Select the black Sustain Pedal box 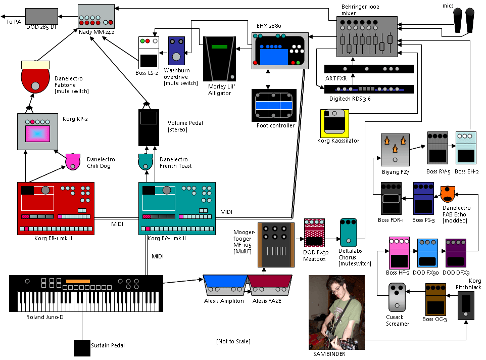81,348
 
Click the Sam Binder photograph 336,312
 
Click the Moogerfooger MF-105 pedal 275,245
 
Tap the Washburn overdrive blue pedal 176,51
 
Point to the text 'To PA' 14,22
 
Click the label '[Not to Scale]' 233,341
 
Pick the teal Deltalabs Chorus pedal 349,233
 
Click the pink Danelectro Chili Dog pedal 74,162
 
